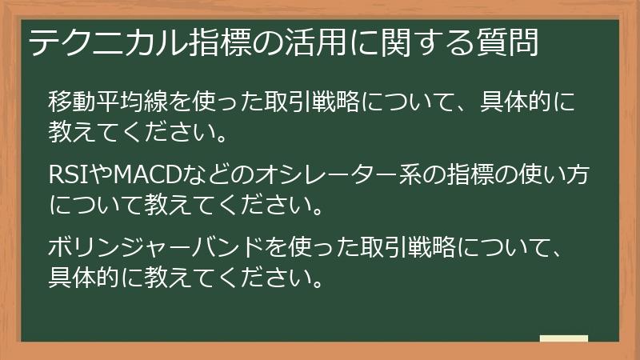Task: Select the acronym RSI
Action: [67, 174]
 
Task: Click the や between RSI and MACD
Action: [99, 174]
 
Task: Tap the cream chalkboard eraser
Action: [563, 338]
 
